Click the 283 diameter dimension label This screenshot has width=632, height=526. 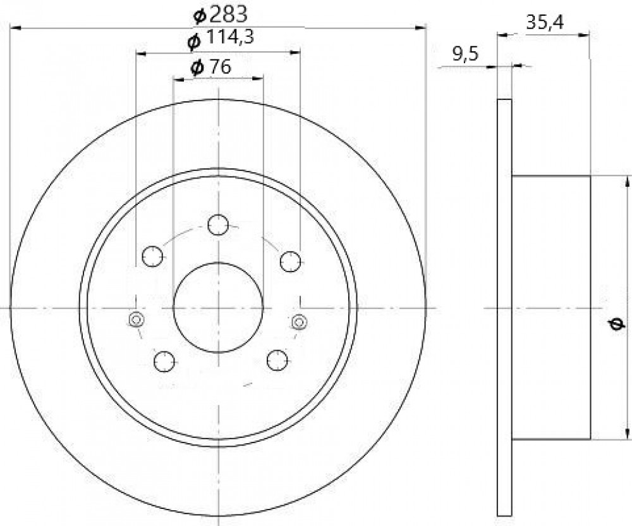221,15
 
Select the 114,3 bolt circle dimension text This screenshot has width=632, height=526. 221,40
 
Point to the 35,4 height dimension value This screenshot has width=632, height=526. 545,23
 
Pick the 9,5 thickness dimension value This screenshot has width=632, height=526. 465,54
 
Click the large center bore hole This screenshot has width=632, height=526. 218,308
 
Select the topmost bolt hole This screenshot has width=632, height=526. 218,225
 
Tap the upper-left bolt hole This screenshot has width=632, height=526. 153,256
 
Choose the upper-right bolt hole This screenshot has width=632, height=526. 291,261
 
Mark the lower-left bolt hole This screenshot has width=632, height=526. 164,361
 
